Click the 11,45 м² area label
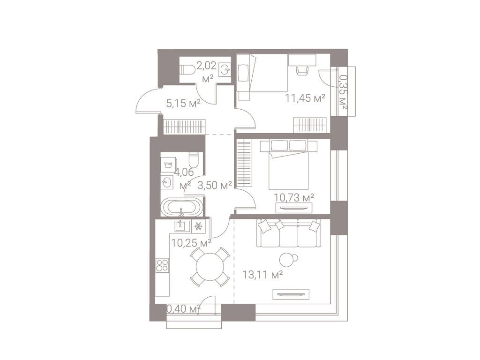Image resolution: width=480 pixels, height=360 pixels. coord(305,98)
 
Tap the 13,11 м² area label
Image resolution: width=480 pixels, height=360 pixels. coord(262,274)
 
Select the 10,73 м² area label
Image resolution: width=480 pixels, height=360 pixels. coord(294,197)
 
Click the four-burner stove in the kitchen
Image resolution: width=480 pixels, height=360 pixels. coord(163,265)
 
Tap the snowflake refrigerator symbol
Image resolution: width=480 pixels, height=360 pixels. coord(198,226)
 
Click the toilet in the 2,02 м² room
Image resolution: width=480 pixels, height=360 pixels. coord(187,69)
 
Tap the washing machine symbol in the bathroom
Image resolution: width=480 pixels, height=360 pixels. coord(166,164)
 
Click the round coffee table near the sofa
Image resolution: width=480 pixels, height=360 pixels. coord(287,260)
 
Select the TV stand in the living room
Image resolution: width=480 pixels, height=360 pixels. coord(292,294)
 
